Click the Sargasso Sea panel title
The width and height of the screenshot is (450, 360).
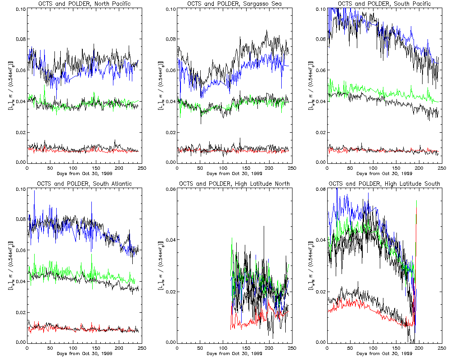pos(234,4)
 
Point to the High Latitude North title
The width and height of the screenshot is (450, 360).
pos(234,184)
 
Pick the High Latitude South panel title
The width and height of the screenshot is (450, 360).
pos(384,184)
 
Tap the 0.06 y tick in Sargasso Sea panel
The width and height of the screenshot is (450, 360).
pos(170,71)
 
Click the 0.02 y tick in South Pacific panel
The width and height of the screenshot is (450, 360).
pos(320,132)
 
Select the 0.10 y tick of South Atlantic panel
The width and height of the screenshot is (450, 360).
pos(20,189)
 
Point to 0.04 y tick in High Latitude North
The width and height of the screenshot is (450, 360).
pos(170,240)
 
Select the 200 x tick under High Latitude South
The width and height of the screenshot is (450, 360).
pos(419,347)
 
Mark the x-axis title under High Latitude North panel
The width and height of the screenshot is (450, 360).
pos(234,353)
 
